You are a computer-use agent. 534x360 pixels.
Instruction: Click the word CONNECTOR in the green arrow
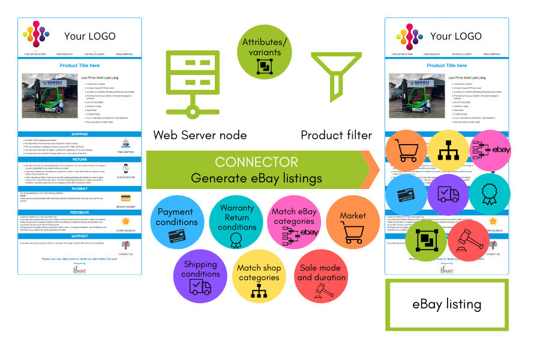[256, 162]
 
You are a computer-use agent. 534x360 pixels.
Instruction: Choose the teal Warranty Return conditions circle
[237, 222]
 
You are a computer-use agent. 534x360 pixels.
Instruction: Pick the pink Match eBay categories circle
[294, 222]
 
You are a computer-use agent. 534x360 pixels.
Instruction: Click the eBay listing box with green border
[446, 304]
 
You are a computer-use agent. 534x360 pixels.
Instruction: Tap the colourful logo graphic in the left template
[36, 35]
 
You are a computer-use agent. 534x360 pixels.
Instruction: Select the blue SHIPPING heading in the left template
[79, 134]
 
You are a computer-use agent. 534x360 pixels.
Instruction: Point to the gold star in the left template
[126, 222]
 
